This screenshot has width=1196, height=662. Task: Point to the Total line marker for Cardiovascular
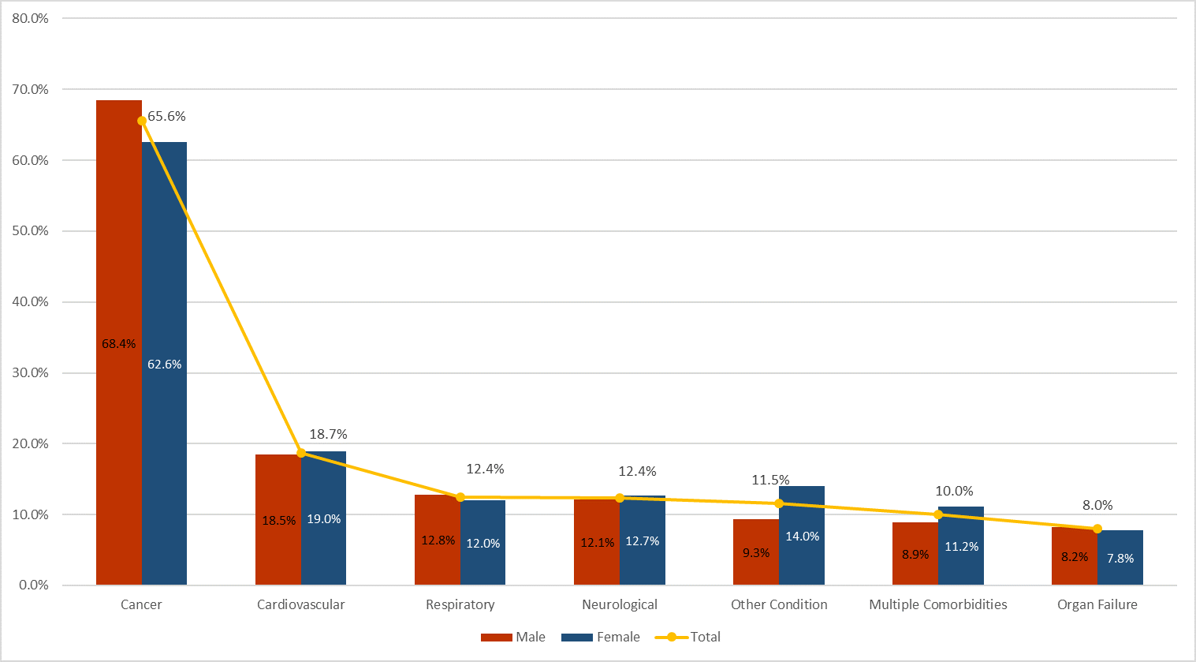[x=301, y=453]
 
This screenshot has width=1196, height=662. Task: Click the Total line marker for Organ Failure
[x=1097, y=529]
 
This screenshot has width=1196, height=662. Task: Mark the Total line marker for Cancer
[x=142, y=121]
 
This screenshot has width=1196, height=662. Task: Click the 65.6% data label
[x=166, y=117]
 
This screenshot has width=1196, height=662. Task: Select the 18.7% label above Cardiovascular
[x=328, y=435]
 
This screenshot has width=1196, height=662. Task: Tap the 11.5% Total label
[x=770, y=481]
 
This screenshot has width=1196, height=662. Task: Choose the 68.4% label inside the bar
[x=118, y=344]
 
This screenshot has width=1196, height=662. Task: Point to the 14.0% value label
[x=802, y=537]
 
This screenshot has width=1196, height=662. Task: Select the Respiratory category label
[x=460, y=605]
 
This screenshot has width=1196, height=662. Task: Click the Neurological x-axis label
[x=619, y=605]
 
